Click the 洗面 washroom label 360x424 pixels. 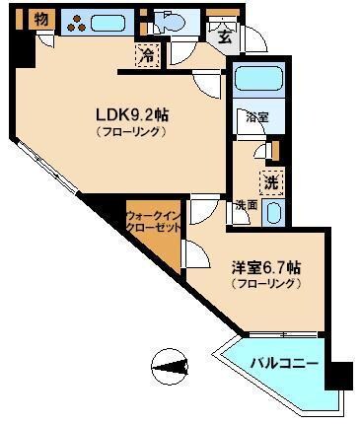point(247,205)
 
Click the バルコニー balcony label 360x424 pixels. point(283,364)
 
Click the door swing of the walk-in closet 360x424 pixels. point(194,254)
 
